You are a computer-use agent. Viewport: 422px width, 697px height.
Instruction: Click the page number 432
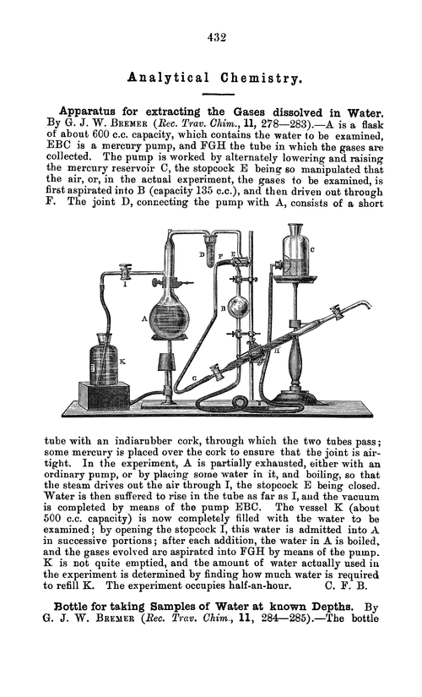point(211,36)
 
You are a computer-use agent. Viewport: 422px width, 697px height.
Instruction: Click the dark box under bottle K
point(104,395)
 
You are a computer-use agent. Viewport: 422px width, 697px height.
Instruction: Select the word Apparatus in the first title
point(91,112)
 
